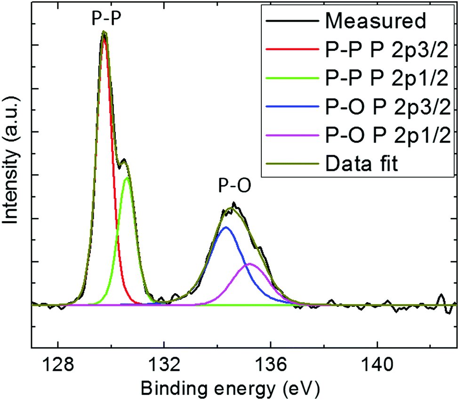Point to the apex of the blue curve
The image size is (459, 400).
[226, 227]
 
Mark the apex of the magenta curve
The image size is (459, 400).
[250, 264]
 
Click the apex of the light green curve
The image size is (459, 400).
[127, 178]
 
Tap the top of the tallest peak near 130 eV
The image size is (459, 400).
[105, 32]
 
